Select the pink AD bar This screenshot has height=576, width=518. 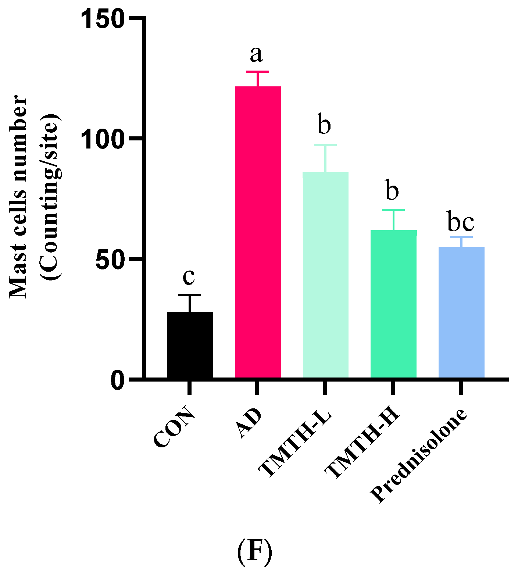click(x=258, y=232)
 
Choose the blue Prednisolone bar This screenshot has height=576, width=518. click(x=461, y=312)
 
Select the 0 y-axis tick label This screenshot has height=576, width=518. click(x=117, y=380)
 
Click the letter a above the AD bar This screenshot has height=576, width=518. click(x=256, y=55)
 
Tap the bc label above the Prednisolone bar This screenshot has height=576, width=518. click(x=461, y=222)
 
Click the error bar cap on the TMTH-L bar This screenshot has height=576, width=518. click(x=325, y=146)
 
